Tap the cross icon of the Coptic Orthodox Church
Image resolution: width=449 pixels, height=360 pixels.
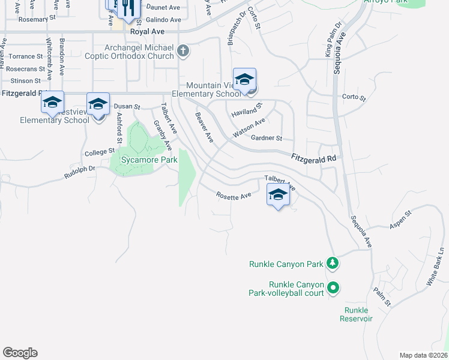tap(183, 52)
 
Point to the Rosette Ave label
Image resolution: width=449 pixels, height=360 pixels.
tap(234, 196)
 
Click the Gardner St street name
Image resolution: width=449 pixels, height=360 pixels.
tap(267, 138)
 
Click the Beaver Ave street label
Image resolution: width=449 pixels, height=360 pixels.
tap(205, 127)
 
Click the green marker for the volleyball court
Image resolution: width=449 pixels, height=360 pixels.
tap(334, 289)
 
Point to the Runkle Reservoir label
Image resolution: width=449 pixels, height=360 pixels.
tap(358, 314)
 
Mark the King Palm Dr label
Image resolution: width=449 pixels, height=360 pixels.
tap(333, 40)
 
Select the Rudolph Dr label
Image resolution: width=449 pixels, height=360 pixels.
tap(80, 172)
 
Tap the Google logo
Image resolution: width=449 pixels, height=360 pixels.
tap(20, 353)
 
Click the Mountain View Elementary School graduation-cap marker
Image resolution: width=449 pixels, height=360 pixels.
tap(244, 80)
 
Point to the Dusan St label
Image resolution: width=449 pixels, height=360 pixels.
tap(127, 106)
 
